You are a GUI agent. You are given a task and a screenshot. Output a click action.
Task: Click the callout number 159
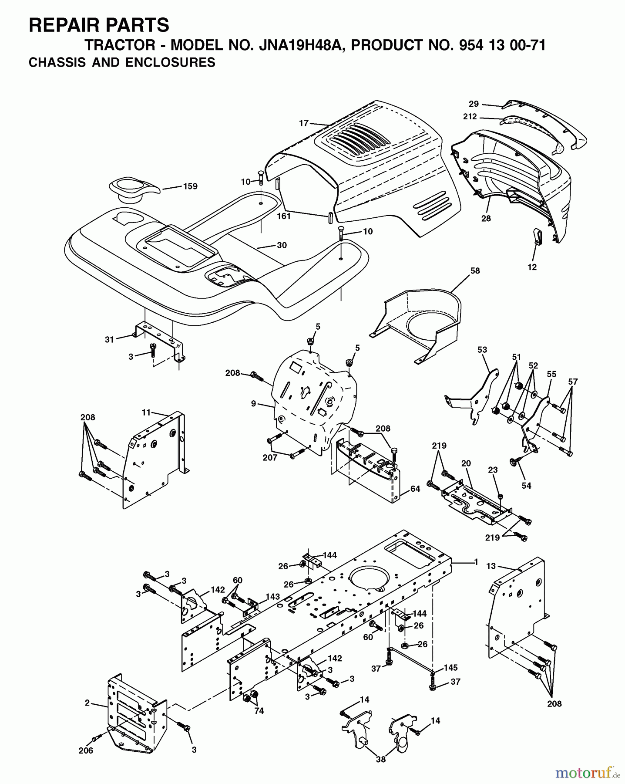(190, 186)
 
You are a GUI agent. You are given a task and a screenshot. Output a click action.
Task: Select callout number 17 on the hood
(303, 123)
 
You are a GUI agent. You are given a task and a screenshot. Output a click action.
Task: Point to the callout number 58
(475, 270)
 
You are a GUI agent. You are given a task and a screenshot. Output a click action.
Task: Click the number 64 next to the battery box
(415, 489)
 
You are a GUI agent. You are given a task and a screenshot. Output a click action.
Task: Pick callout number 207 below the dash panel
(270, 458)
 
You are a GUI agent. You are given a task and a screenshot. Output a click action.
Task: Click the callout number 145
(450, 668)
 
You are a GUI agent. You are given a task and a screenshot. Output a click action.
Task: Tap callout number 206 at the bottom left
(86, 751)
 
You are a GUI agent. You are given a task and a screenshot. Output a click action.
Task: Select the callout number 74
(259, 711)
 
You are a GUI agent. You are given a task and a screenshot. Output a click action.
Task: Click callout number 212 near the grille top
(470, 117)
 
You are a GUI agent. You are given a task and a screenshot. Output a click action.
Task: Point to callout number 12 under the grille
(532, 267)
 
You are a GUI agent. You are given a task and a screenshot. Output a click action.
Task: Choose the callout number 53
(482, 350)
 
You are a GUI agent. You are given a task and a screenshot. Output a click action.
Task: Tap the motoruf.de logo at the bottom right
(588, 772)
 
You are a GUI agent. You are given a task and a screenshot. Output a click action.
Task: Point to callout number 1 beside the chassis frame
(476, 562)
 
